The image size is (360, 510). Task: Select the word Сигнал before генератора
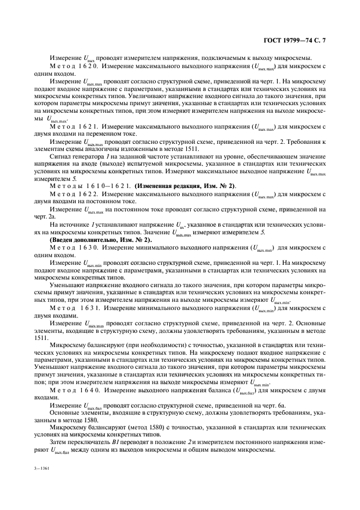(61, 156)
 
